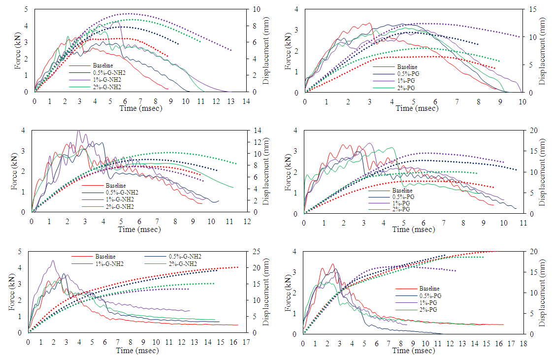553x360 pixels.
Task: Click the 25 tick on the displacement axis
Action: coord(253,252)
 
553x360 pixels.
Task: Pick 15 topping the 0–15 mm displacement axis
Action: coord(531,9)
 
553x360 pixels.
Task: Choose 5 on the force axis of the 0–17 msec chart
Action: coord(20,252)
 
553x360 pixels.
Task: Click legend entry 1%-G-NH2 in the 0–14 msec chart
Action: coord(106,79)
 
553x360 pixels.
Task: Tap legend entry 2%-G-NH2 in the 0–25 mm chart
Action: coord(182,264)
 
